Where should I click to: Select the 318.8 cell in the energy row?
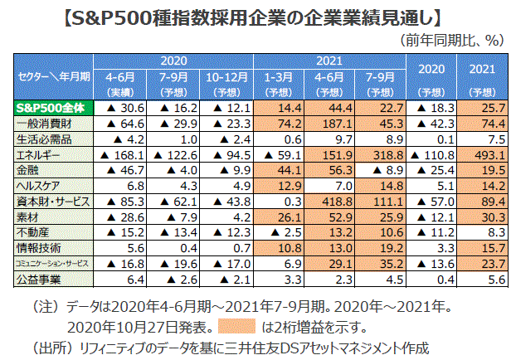click(x=381, y=154)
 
